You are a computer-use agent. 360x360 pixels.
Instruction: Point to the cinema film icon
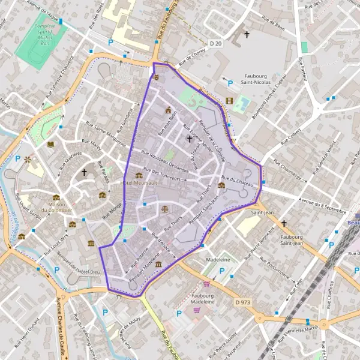click(229, 101)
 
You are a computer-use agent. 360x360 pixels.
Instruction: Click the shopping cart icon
click(207, 284)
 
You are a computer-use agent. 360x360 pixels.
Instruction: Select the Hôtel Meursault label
click(139, 182)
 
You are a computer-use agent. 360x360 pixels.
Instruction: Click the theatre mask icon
click(156, 77)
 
